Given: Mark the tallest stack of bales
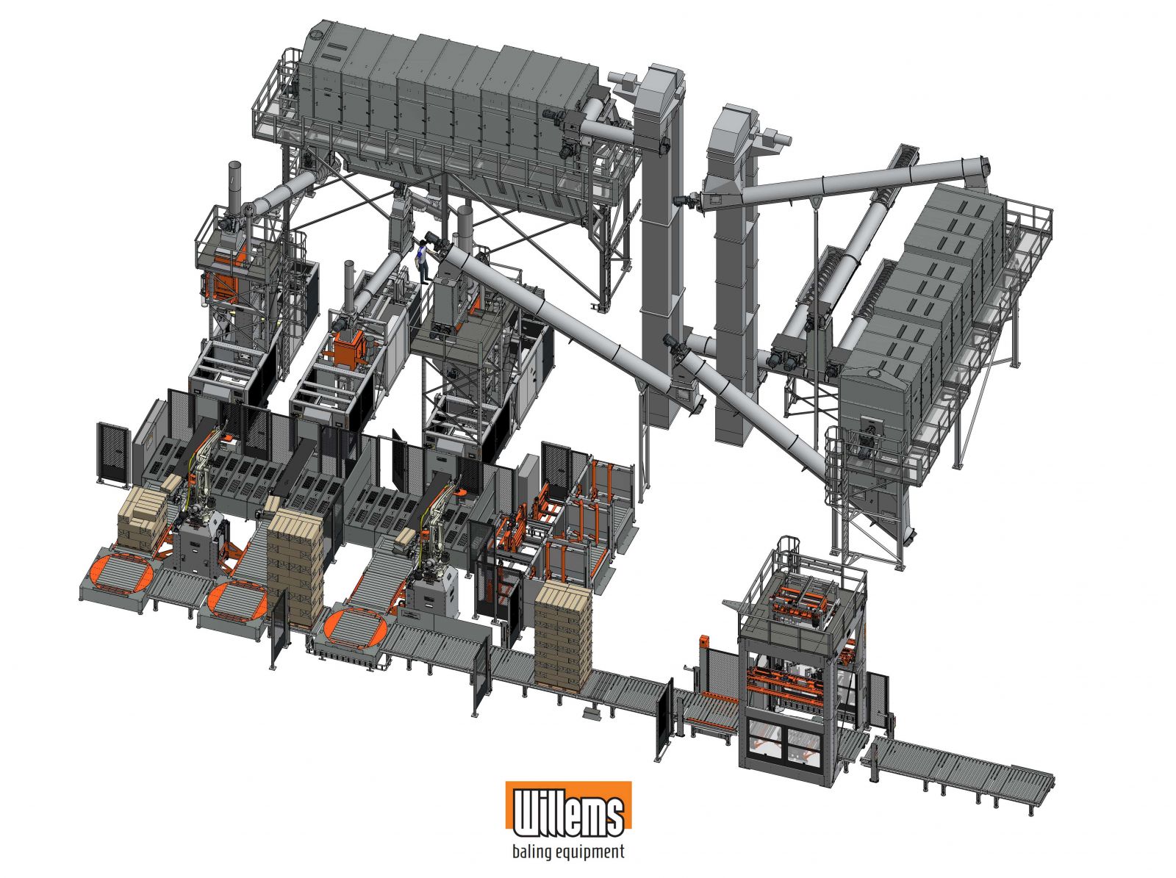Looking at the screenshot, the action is (x=295, y=566).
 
